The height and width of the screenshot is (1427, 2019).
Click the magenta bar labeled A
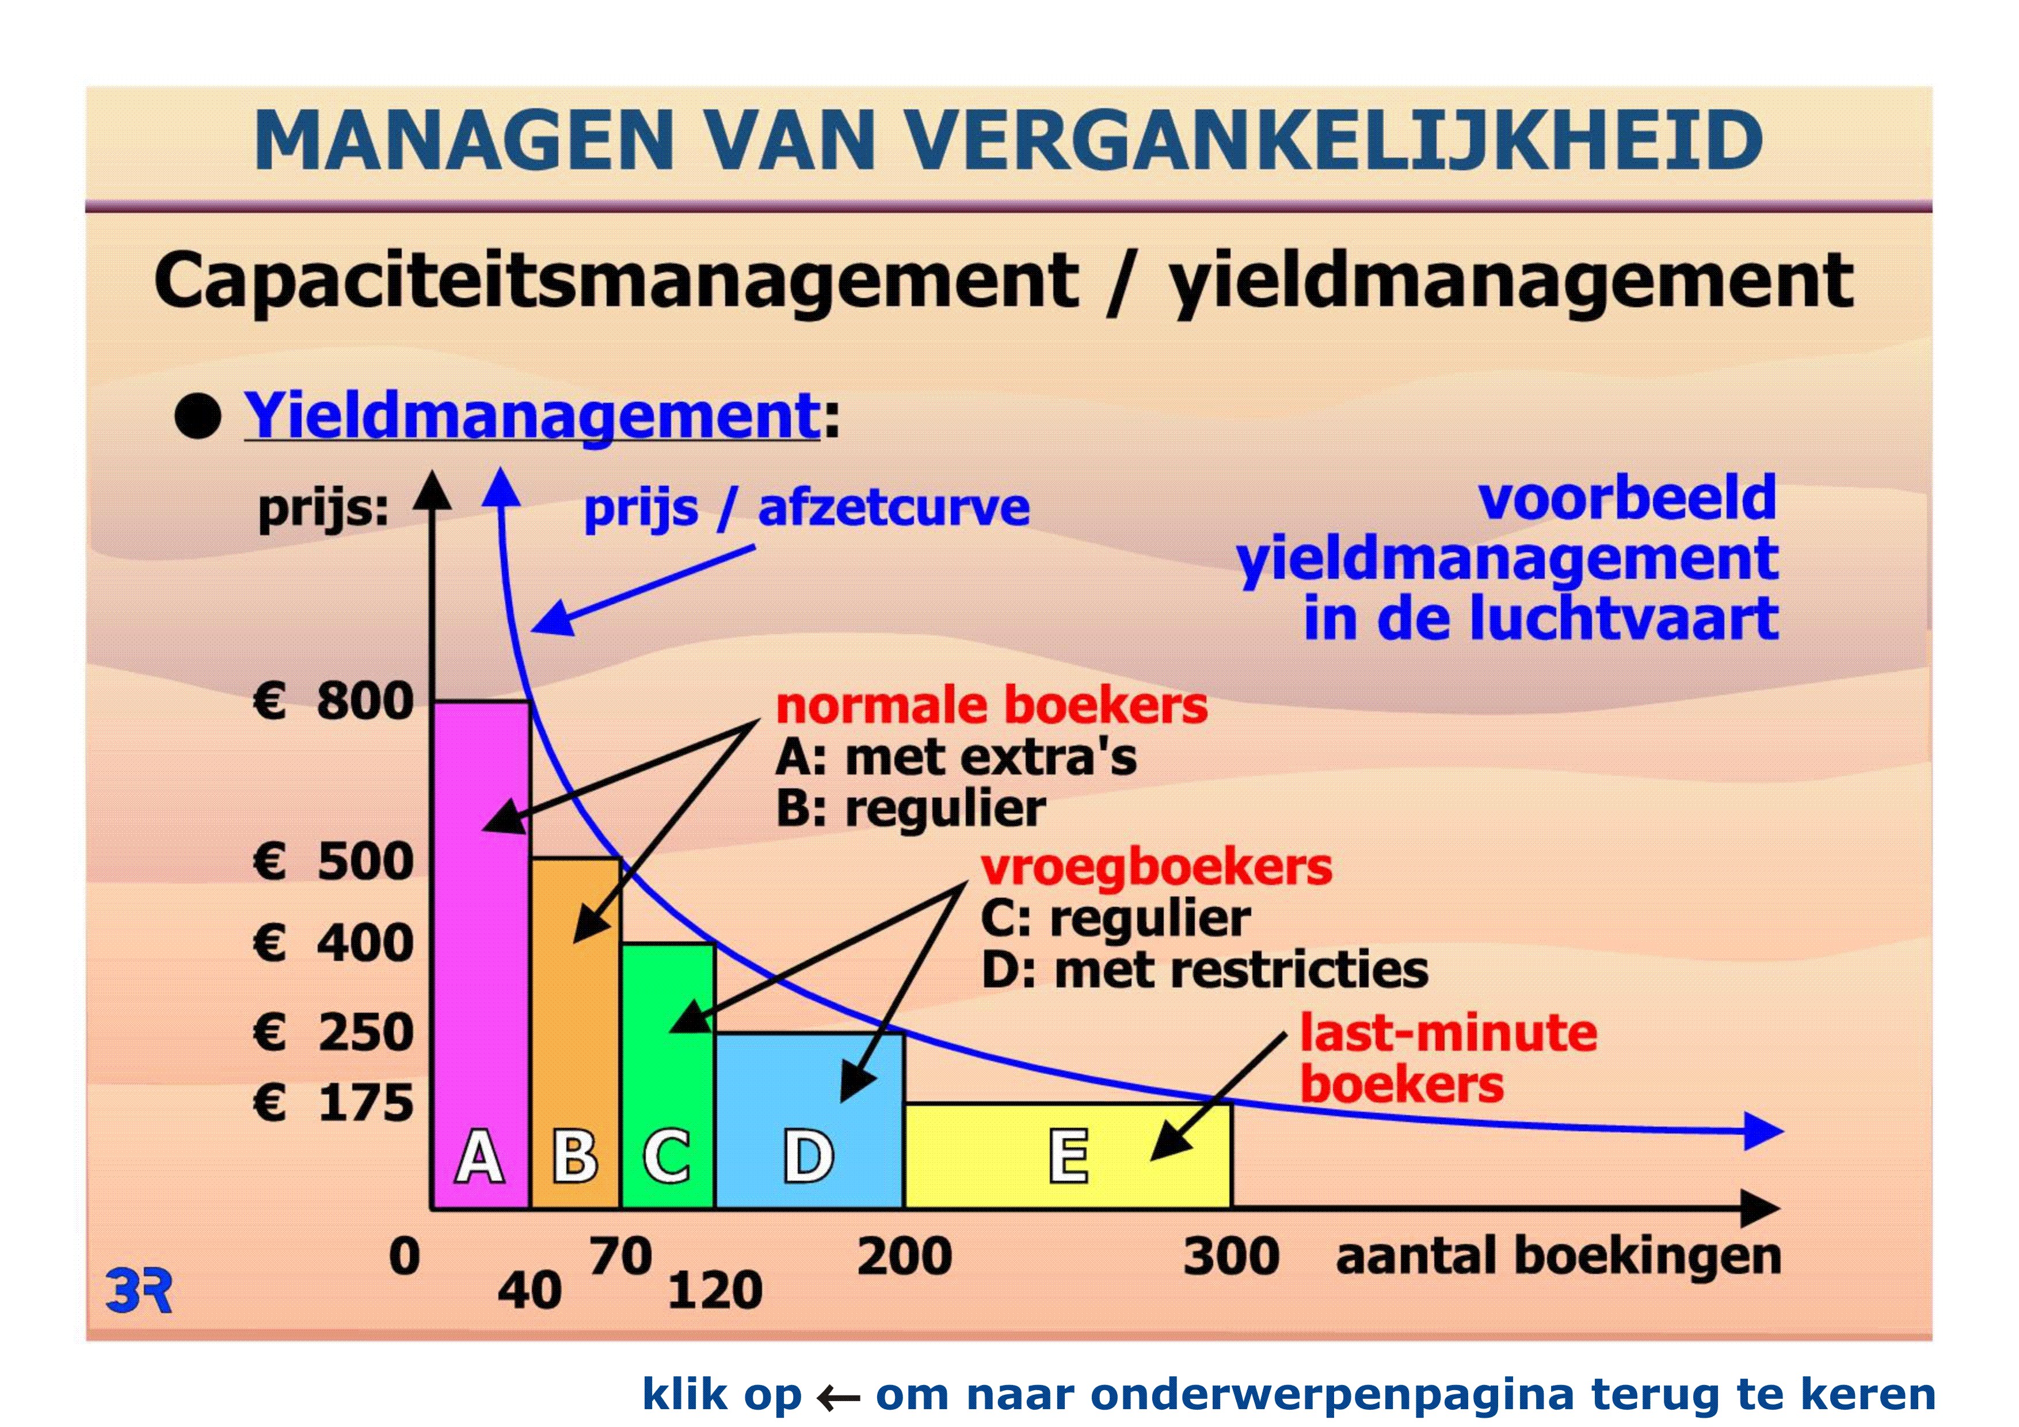point(481,954)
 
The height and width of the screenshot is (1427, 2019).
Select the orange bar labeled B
point(576,1033)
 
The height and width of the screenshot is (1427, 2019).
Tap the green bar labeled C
point(668,1075)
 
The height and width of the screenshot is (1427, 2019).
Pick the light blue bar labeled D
point(810,1120)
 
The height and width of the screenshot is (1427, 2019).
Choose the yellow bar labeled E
point(1068,1155)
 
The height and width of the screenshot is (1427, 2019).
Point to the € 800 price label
point(333,701)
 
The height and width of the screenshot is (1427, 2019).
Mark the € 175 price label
point(333,1102)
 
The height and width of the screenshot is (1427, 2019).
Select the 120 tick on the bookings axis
point(715,1291)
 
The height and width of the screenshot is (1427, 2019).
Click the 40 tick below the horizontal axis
point(529,1291)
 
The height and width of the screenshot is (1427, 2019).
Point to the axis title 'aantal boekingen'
point(1558,1257)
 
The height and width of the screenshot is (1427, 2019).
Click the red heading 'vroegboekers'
point(1156,868)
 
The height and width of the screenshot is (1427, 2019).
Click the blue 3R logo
point(139,1290)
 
